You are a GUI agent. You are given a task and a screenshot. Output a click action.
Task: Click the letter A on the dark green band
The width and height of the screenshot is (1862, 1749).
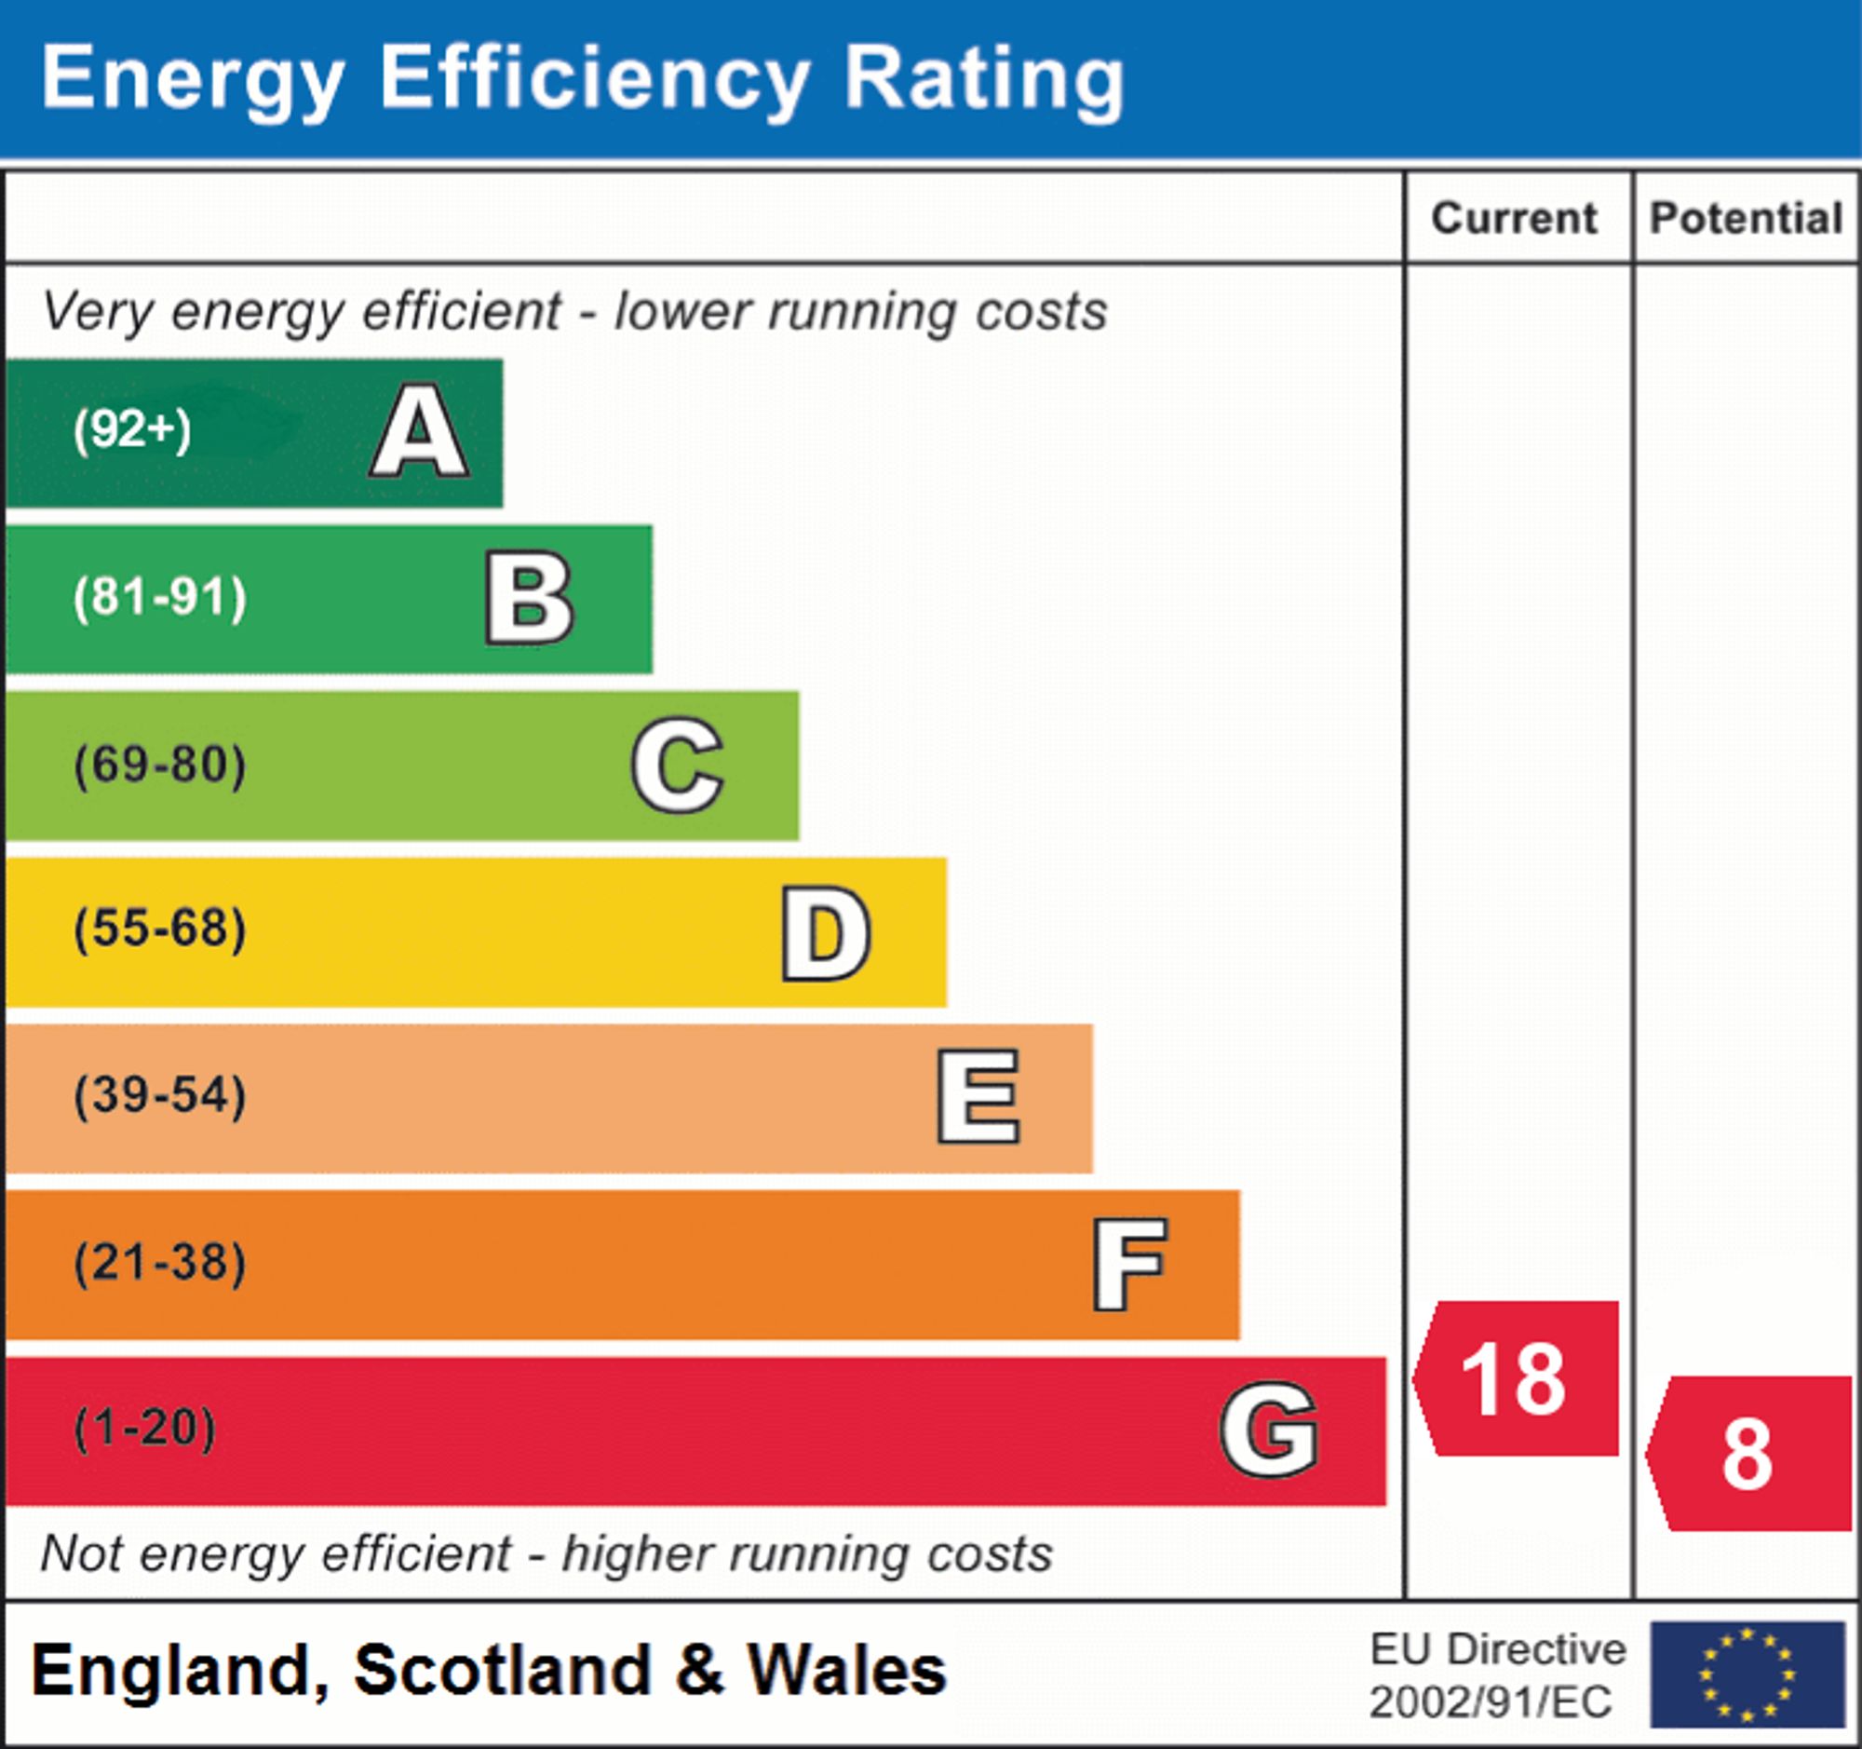(420, 431)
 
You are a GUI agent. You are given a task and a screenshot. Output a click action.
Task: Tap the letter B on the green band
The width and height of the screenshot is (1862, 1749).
(529, 598)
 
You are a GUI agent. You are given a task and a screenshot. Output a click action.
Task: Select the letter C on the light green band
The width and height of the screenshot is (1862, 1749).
(677, 765)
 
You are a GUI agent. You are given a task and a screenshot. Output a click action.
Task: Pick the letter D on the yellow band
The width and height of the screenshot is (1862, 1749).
(826, 933)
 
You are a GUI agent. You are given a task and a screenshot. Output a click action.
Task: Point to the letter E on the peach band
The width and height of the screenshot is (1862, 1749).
(978, 1096)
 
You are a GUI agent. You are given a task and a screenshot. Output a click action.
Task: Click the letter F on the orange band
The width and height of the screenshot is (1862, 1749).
(1129, 1265)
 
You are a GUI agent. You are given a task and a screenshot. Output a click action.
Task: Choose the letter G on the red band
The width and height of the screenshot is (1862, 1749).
(1269, 1430)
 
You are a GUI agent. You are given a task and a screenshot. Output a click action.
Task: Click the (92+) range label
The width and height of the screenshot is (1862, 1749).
(132, 430)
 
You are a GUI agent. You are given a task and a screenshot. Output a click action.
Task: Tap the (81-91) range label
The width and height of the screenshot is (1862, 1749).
(160, 598)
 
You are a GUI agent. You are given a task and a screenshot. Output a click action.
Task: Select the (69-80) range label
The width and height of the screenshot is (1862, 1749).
(160, 765)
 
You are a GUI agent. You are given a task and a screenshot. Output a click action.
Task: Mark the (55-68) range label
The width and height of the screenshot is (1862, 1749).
(160, 929)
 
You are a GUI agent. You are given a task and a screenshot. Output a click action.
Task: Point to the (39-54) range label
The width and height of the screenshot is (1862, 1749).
(160, 1095)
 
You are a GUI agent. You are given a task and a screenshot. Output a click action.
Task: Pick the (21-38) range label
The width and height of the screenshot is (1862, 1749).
(160, 1262)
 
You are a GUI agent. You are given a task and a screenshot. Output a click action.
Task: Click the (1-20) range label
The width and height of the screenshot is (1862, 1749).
(145, 1429)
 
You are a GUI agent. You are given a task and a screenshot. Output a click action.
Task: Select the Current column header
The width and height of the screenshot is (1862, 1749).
(1515, 218)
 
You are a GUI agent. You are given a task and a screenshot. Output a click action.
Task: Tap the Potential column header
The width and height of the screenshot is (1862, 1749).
(1746, 218)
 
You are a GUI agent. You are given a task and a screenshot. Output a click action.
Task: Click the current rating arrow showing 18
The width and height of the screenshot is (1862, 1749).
(1518, 1379)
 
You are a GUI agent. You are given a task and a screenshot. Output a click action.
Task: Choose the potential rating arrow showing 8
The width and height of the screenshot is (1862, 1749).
(1749, 1454)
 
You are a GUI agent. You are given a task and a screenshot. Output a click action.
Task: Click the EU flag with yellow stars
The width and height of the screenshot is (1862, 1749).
(1747, 1674)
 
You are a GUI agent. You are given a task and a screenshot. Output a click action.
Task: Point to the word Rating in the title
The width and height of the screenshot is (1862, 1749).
(983, 80)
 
